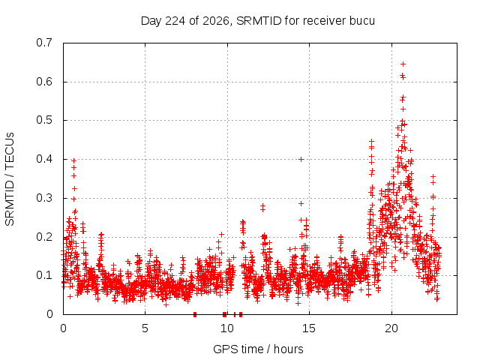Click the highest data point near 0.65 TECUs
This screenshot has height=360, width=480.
(403, 64)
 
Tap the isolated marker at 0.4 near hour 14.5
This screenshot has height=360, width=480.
(301, 159)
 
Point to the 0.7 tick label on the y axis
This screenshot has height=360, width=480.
(44, 43)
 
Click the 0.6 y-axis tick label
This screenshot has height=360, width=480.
(44, 82)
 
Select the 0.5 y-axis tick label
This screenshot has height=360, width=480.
(44, 120)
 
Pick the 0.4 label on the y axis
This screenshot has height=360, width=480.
(44, 159)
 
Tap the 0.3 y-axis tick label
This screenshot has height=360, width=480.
(44, 198)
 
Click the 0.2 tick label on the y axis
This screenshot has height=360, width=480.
(44, 237)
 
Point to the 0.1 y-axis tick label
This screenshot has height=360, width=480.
(44, 275)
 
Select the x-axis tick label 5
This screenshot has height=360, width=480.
(145, 328)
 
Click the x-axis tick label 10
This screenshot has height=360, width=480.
(227, 328)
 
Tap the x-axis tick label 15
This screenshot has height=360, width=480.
(309, 328)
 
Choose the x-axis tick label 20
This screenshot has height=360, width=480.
(391, 328)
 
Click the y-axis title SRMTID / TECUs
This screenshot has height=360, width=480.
(10, 179)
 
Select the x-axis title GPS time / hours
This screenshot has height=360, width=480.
(258, 349)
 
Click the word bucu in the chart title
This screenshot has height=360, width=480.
(361, 21)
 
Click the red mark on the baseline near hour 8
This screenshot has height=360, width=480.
(195, 314)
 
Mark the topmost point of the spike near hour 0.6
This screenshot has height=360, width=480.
(73, 160)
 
